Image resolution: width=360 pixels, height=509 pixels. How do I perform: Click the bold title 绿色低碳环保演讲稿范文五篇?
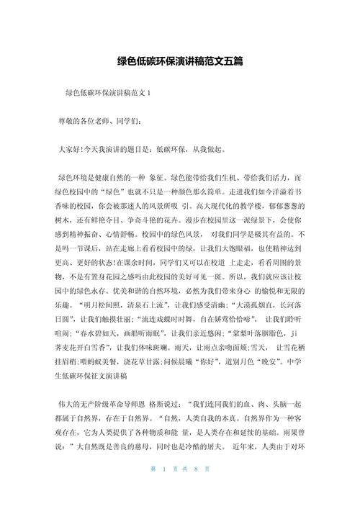click(180, 62)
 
